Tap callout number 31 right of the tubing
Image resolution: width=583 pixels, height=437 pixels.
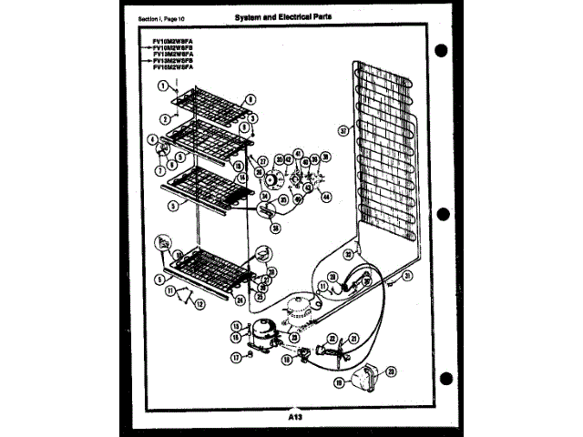[x=408, y=275]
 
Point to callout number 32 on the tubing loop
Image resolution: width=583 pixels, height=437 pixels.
[x=349, y=255]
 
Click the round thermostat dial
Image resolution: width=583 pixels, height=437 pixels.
[x=269, y=178]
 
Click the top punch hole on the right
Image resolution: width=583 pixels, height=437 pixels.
[x=441, y=49]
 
